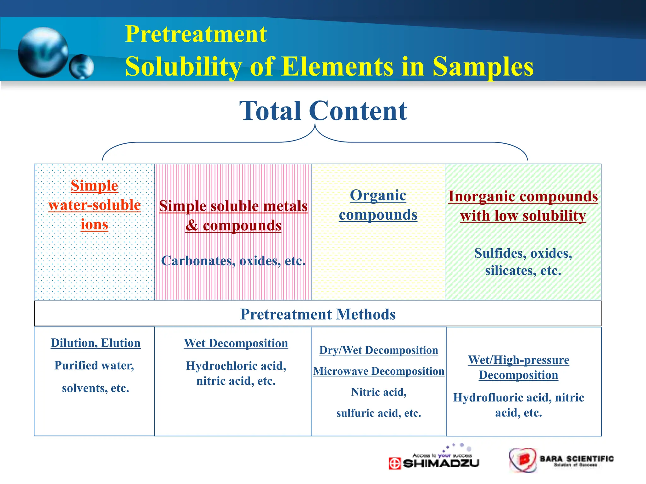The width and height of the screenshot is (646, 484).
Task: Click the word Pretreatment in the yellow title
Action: (x=196, y=34)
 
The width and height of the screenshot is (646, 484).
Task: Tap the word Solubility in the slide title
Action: (x=183, y=67)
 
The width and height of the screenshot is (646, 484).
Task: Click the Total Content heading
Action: (x=323, y=111)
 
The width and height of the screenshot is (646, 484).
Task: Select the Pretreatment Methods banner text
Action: (x=318, y=314)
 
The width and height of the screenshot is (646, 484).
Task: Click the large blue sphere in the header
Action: (x=43, y=52)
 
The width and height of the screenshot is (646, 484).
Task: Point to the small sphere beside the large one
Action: (x=81, y=67)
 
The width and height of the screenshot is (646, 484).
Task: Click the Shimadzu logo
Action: (x=434, y=461)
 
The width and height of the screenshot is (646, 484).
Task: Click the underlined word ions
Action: (x=94, y=224)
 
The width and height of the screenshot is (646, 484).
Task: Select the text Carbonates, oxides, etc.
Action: (x=233, y=261)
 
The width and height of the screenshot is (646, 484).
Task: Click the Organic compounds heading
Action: (x=378, y=205)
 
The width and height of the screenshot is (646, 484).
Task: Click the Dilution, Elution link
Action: (x=95, y=343)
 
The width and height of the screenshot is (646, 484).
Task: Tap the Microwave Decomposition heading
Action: (x=379, y=371)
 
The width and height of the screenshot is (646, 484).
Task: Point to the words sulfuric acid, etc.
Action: (x=379, y=413)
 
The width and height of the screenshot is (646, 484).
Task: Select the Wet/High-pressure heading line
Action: (x=519, y=360)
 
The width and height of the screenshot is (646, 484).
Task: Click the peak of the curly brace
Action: (x=315, y=125)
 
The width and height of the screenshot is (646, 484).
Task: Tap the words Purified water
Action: (x=94, y=366)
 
